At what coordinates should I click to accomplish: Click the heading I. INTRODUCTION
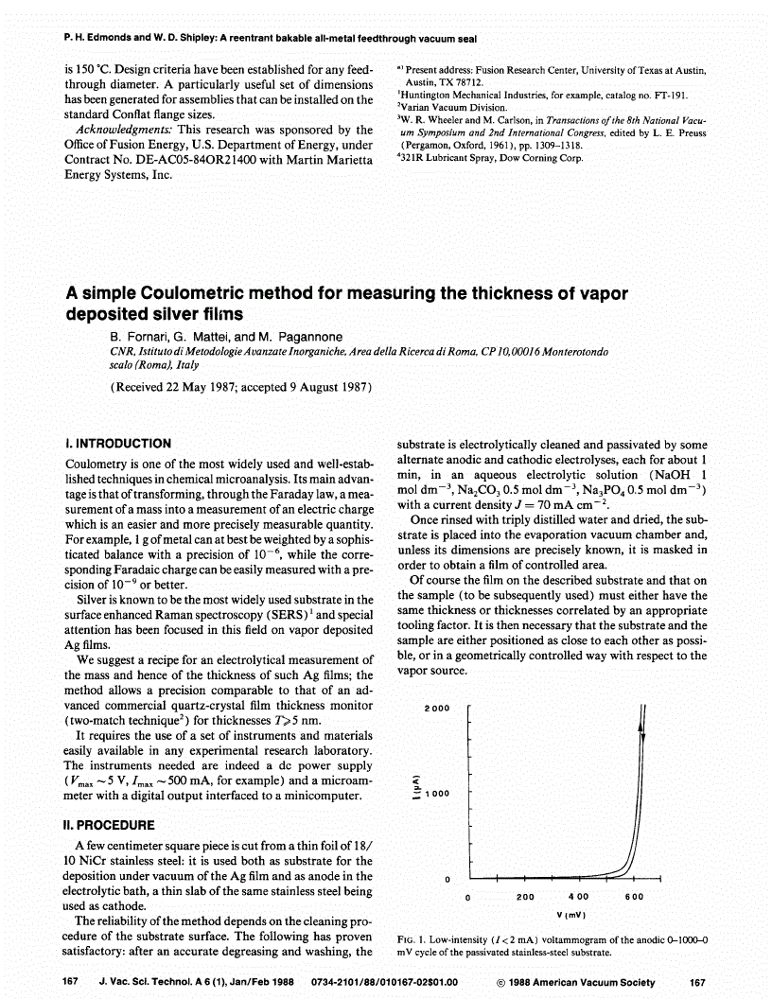tap(118, 443)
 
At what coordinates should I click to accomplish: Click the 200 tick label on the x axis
tap(526, 897)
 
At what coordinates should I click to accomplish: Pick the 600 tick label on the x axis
tap(634, 897)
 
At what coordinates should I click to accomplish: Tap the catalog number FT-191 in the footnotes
tap(670, 96)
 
